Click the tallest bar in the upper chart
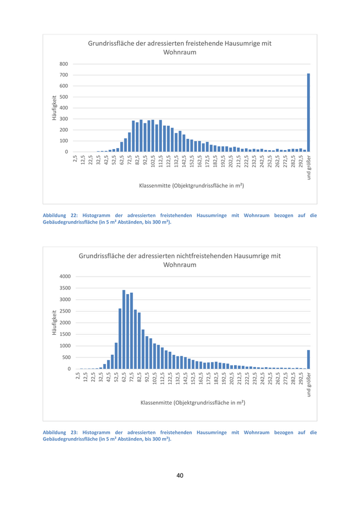coord(309,113)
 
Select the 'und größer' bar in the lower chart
coord(309,359)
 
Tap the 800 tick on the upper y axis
coord(64,64)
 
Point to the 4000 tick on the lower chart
coord(64,277)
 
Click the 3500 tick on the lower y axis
coord(64,288)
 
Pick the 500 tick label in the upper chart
coord(64,97)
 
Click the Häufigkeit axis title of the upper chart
coord(54,107)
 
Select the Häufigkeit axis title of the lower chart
coord(54,323)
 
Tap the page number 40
coord(179,475)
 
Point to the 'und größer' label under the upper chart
coord(309,168)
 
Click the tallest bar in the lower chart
coord(124,330)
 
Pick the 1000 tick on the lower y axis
coord(64,346)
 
